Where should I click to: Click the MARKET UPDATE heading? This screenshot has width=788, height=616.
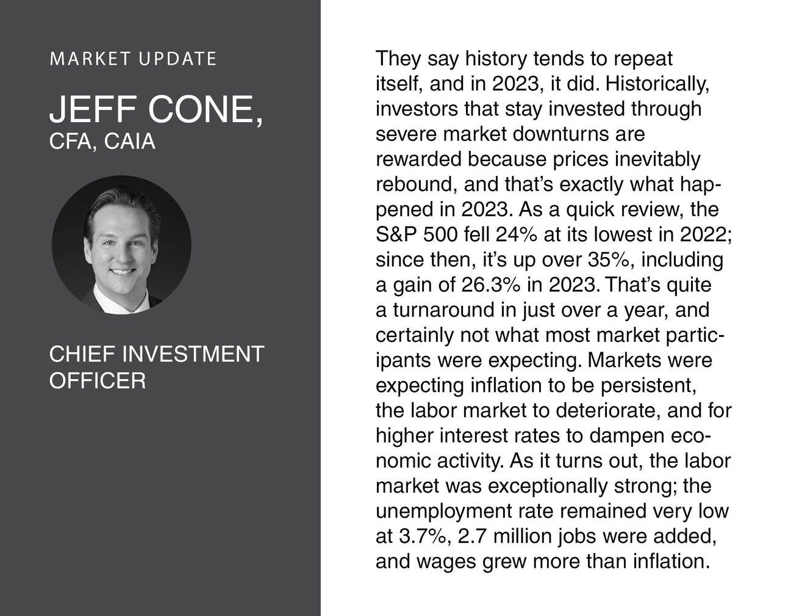pos(133,59)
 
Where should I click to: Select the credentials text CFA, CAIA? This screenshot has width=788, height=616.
pos(102,141)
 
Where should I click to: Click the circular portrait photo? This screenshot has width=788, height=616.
pos(121,245)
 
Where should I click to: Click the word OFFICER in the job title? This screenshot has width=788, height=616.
pos(97,381)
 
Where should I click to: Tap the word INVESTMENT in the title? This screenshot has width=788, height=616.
pos(193,354)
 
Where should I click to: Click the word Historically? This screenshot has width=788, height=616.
pos(657,84)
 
